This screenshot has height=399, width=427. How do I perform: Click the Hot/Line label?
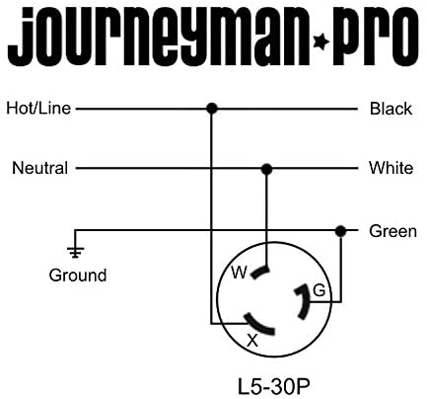click(x=38, y=109)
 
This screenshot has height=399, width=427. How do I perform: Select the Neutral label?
click(x=40, y=168)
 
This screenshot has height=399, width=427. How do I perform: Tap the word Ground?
click(x=78, y=276)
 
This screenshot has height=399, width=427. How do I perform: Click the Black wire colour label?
click(x=391, y=109)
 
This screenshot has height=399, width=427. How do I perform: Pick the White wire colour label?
click(x=391, y=168)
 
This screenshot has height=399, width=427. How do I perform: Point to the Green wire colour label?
click(x=392, y=231)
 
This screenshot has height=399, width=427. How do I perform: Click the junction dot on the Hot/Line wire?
click(x=212, y=108)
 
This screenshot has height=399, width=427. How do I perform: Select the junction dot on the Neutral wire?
click(x=266, y=170)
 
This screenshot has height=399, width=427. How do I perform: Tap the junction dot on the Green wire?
click(x=341, y=231)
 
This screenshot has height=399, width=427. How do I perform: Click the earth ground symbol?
click(x=75, y=252)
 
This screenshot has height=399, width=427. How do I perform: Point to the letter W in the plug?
click(x=239, y=273)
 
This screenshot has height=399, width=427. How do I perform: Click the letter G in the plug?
click(x=320, y=290)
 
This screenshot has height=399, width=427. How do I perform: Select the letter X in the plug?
click(x=252, y=341)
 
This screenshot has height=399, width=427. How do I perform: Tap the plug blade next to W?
click(x=260, y=272)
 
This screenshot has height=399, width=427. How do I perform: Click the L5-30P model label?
click(x=274, y=387)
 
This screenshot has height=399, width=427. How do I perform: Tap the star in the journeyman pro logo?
click(x=320, y=42)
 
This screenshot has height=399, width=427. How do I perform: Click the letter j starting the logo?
click(x=21, y=38)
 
